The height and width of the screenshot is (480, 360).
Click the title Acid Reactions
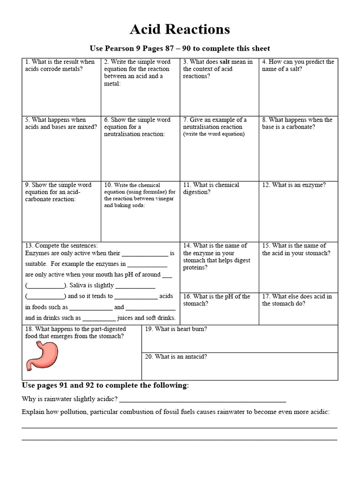[x=180, y=30]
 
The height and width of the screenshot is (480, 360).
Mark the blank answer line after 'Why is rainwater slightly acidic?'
[x=202, y=400]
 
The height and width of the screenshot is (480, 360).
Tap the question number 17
[x=265, y=296]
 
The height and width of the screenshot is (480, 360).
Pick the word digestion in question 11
[x=197, y=192]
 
